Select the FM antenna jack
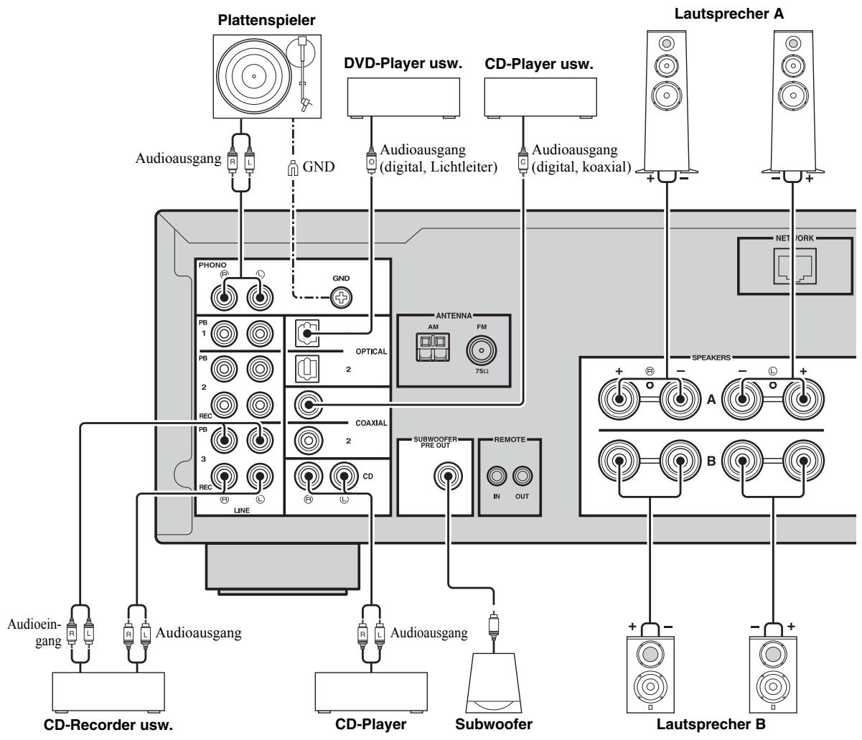click(484, 352)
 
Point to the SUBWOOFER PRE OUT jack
click(446, 477)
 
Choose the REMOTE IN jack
click(496, 477)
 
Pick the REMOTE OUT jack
click(522, 477)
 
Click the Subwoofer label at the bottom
click(495, 729)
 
